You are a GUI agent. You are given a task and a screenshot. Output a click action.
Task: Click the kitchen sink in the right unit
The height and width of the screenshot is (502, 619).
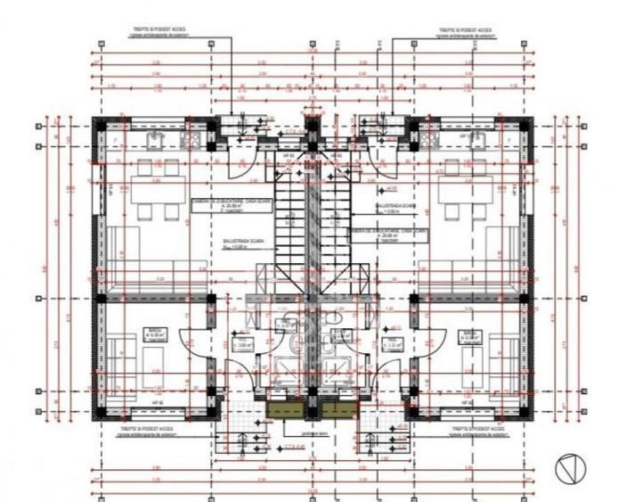point(474,139)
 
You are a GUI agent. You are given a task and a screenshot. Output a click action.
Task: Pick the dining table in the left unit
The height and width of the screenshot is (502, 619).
point(157,189)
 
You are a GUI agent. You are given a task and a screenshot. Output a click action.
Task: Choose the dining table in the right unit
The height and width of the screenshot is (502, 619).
point(466,189)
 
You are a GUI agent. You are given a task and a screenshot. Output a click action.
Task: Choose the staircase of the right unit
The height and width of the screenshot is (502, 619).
point(336,218)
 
